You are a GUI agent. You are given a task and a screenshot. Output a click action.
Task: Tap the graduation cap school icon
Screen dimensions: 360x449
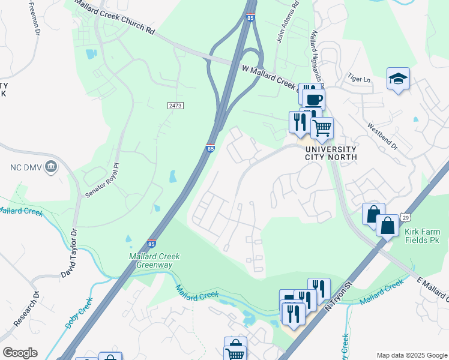(x=398, y=79)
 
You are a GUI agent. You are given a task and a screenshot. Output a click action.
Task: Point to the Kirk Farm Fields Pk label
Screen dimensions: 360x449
(x=422, y=236)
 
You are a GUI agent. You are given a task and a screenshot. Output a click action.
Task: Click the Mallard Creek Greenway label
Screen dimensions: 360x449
(x=155, y=260)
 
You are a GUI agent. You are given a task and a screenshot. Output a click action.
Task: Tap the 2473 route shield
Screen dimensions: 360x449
(x=175, y=105)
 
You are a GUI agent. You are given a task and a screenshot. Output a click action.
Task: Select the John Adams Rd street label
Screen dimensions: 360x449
(x=288, y=24)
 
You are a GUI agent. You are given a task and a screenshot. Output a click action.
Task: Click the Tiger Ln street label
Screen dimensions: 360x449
(x=357, y=77)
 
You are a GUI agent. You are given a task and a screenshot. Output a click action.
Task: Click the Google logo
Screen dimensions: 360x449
(x=20, y=353)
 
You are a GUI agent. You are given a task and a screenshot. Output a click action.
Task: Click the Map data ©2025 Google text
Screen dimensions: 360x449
(x=411, y=355)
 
